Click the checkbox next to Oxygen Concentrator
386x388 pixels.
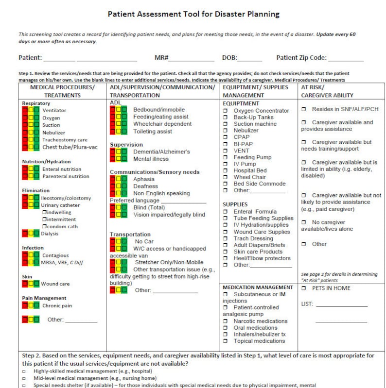[226, 111]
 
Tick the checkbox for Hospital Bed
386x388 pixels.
[226, 171]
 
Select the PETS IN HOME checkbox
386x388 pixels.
[303, 288]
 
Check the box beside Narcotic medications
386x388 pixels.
[226, 321]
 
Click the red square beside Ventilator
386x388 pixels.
[25, 110]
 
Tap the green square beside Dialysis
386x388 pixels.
[36, 234]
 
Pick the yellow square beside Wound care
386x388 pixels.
[31, 284]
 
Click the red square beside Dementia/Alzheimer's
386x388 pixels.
[113, 152]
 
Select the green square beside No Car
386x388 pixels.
[124, 241]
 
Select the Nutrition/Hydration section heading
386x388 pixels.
[46, 162]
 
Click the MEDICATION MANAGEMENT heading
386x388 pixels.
[258, 287]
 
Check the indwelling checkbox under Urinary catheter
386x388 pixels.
[44, 213]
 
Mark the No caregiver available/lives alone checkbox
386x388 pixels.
[303, 222]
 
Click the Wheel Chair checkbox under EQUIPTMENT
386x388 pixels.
[226, 178]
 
